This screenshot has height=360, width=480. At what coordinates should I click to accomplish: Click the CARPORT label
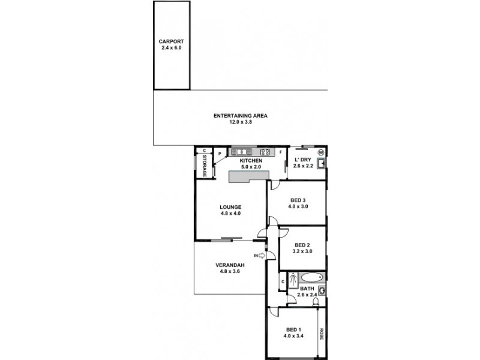(x=171, y=41)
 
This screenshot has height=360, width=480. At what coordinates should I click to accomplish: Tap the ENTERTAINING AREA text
(x=240, y=115)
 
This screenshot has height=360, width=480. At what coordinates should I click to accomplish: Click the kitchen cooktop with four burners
(x=265, y=151)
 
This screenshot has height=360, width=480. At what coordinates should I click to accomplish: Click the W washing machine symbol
(x=321, y=152)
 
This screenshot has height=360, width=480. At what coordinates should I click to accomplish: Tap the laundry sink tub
(x=322, y=163)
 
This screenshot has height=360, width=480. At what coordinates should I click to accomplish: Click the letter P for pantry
(x=220, y=154)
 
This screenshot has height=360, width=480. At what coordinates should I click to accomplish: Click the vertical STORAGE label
(x=204, y=165)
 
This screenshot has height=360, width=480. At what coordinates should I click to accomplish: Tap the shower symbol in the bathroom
(x=293, y=279)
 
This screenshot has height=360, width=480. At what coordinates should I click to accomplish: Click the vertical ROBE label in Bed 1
(x=322, y=334)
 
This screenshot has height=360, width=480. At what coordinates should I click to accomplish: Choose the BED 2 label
(x=302, y=245)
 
